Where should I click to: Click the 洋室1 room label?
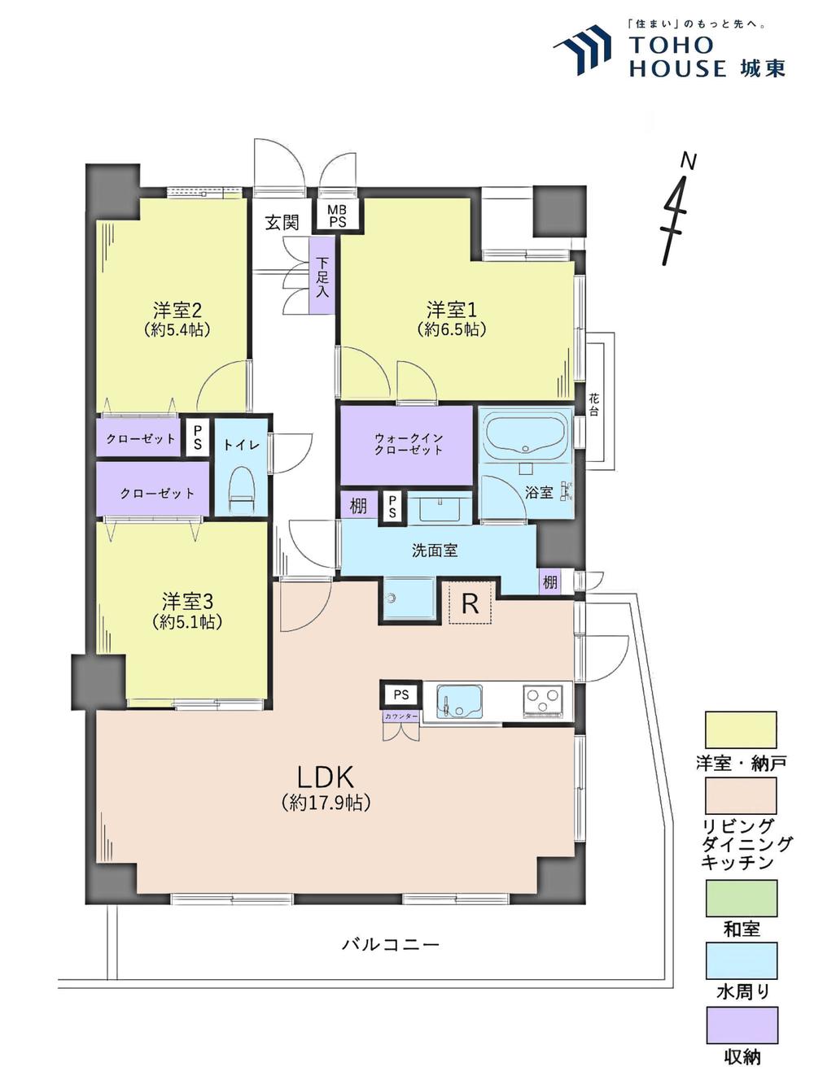[452, 310]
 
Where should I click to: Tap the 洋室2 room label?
[177, 311]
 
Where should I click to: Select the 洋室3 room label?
[187, 602]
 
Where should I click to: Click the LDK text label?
[326, 776]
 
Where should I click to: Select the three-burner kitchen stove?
[542, 700]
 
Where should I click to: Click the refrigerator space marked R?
[470, 603]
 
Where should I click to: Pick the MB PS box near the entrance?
[337, 215]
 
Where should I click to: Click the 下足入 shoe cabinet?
[322, 276]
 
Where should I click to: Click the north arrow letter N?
[689, 162]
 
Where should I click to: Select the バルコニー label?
[391, 945]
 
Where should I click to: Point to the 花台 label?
[594, 404]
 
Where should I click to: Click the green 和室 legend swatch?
[741, 898]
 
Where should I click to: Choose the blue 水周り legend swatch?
[741, 961]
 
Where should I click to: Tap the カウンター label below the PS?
[401, 716]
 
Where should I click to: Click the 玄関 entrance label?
[282, 222]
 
